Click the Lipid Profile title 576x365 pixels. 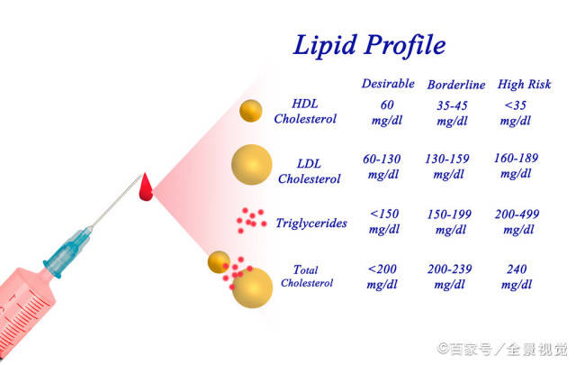pyautogui.click(x=369, y=45)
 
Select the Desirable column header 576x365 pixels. pyautogui.click(x=388, y=84)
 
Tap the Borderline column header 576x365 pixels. pyautogui.click(x=456, y=85)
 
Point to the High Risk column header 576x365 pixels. pyautogui.click(x=524, y=84)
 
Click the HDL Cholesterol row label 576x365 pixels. pyautogui.click(x=305, y=111)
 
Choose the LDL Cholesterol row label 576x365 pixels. pyautogui.click(x=309, y=171)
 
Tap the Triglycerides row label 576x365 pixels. pyautogui.click(x=311, y=223)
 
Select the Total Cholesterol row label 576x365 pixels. pyautogui.click(x=307, y=276)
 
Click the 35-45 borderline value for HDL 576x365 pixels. pyautogui.click(x=452, y=105)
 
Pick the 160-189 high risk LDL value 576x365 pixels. pyautogui.click(x=516, y=159)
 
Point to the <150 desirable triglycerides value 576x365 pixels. pyautogui.click(x=384, y=214)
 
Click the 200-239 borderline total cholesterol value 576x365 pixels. pyautogui.click(x=449, y=269)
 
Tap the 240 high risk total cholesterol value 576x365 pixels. pyautogui.click(x=517, y=269)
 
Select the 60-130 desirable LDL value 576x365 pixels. pyautogui.click(x=382, y=159)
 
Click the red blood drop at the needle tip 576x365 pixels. pyautogui.click(x=146, y=187)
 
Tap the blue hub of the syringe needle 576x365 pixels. pyautogui.click(x=68, y=252)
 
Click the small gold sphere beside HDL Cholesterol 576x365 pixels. pyautogui.click(x=250, y=110)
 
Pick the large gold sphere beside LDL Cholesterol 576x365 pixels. pyautogui.click(x=252, y=164)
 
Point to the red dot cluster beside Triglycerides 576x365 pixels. pyautogui.click(x=251, y=220)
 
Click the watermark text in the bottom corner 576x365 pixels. pyautogui.click(x=502, y=349)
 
